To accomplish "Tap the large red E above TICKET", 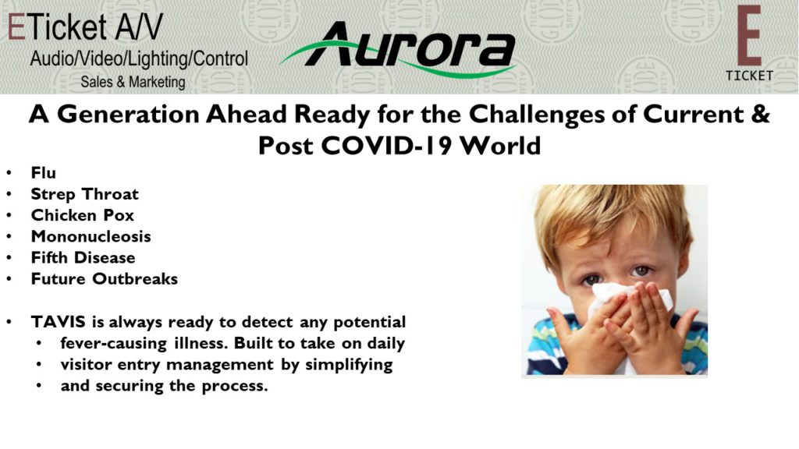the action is pos(749,36).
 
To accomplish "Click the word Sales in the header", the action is pos(98,82).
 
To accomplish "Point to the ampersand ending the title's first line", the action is pos(760,114).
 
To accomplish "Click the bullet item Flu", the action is pos(44,173).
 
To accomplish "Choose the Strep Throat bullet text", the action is pos(84,194).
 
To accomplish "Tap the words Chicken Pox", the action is pos(83,215).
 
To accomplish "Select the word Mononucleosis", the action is pos(91,237).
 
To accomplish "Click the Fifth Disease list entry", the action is pos(83,257).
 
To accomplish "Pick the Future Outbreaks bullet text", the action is pos(105,279).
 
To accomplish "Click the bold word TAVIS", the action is pos(59,322).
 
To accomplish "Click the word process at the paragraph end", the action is pos(234,387).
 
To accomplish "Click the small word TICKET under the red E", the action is pos(750,76).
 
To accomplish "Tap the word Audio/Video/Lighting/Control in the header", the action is pos(139,59).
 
